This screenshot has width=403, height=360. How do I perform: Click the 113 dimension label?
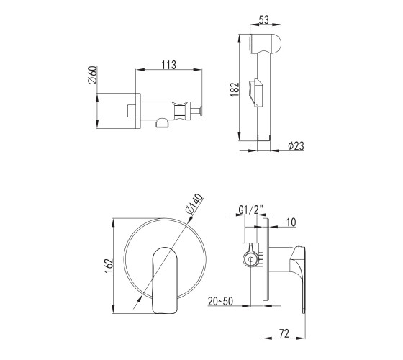[x=169, y=65]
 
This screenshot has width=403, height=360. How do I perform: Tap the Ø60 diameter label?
[x=93, y=75]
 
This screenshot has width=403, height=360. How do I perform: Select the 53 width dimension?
[x=264, y=20]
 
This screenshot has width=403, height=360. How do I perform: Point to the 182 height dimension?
[x=235, y=89]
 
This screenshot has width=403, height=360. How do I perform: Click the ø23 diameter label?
[x=296, y=145]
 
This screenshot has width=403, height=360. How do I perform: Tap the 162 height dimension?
[x=109, y=266]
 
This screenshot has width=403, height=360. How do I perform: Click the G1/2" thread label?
[x=251, y=210]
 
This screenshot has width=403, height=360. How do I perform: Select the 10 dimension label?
[x=291, y=222]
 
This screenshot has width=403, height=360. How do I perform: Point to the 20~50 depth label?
[x=220, y=301]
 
